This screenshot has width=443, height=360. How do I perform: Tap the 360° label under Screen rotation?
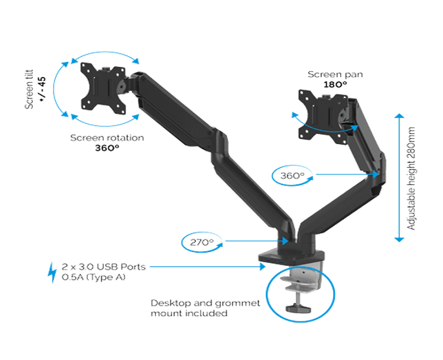point(107,148)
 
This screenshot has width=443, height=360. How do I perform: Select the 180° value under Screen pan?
point(335,83)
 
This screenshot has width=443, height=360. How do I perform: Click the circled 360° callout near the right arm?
point(293,174)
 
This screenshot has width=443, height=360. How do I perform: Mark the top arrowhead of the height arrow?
point(399,117)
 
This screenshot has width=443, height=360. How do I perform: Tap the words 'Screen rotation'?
point(107,137)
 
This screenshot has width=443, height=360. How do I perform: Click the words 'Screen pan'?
point(335,74)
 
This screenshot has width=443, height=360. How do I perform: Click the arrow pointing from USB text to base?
point(209,267)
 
